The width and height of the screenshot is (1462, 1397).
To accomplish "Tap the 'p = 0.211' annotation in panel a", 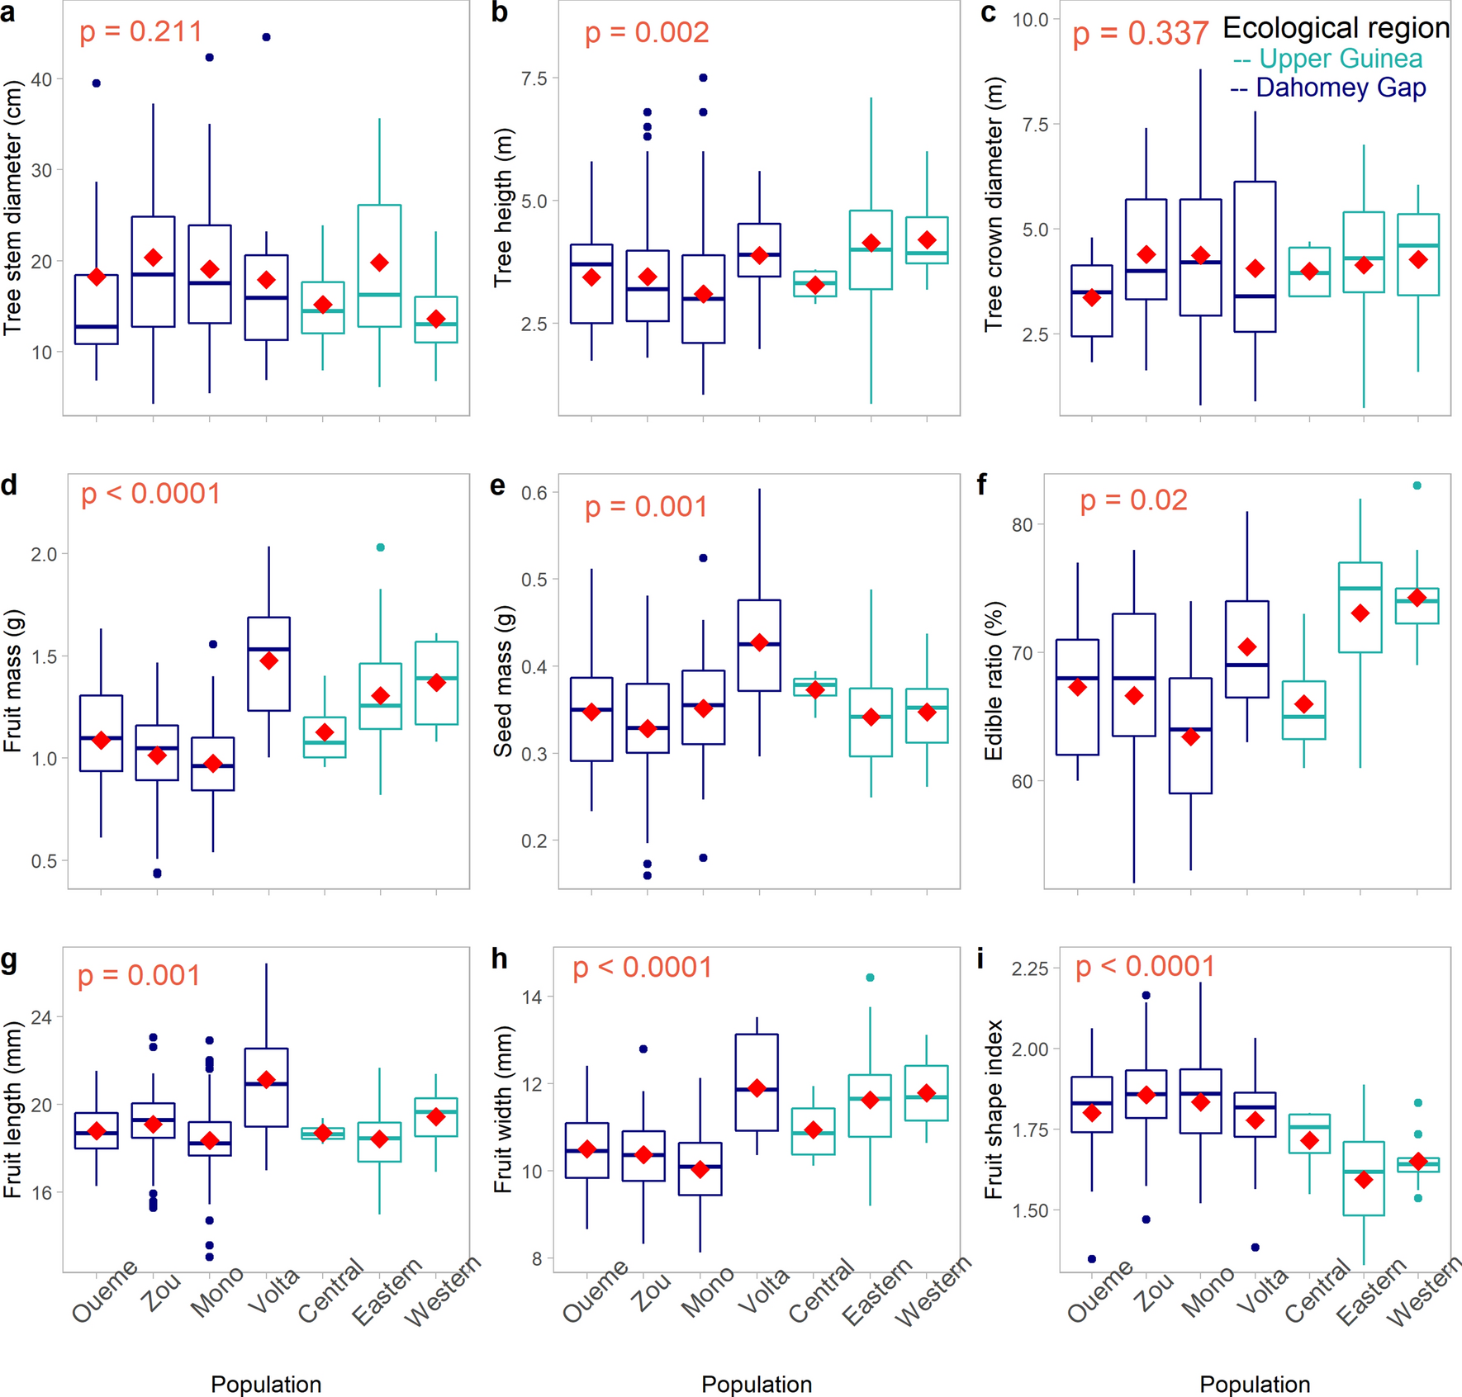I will tap(140, 32).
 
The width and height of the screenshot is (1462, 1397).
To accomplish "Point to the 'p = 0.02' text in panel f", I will tap(1133, 500).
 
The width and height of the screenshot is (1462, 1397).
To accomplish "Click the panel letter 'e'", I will tap(497, 485).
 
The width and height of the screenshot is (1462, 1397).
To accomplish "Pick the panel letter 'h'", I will tap(499, 959).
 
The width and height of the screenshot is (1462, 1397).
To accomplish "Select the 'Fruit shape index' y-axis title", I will tap(993, 1109).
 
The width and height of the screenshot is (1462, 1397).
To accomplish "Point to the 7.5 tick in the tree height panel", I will tap(534, 78).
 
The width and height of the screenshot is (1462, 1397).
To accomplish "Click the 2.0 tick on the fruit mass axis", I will tap(44, 554).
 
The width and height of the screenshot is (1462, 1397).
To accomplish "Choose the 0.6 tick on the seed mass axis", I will tap(534, 493).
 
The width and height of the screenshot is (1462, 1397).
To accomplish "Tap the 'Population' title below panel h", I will tap(757, 1384).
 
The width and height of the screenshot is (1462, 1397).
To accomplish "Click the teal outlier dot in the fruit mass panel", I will tap(380, 547).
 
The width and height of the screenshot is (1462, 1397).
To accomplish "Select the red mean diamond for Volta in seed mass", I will tap(760, 643).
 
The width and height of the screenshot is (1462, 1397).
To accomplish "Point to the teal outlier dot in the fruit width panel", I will tap(870, 978).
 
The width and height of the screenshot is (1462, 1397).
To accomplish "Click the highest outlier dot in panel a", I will tap(266, 37).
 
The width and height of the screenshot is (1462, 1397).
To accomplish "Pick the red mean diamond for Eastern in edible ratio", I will tap(1360, 613).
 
